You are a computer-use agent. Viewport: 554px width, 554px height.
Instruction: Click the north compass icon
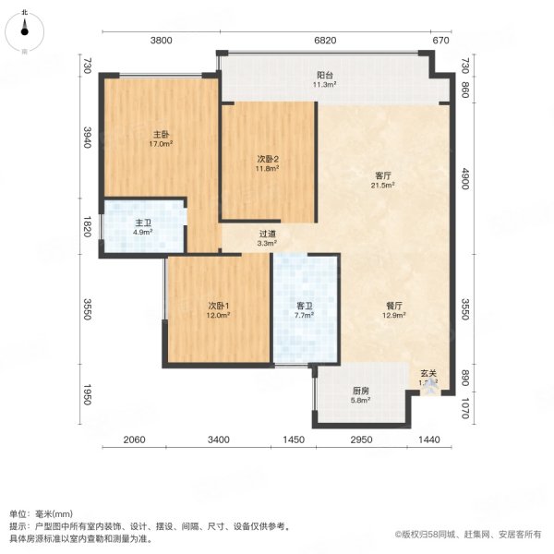tap(25, 29)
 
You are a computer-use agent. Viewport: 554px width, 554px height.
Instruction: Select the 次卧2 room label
tap(268, 158)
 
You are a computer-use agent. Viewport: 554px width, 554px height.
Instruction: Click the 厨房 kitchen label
tap(360, 390)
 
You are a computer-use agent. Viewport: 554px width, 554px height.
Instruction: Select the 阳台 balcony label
tap(325, 75)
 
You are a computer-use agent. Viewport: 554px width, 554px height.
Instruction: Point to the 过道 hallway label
tap(267, 234)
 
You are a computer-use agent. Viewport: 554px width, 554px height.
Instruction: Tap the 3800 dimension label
tap(162, 41)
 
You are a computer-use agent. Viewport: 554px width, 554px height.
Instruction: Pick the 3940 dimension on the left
tap(87, 138)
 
